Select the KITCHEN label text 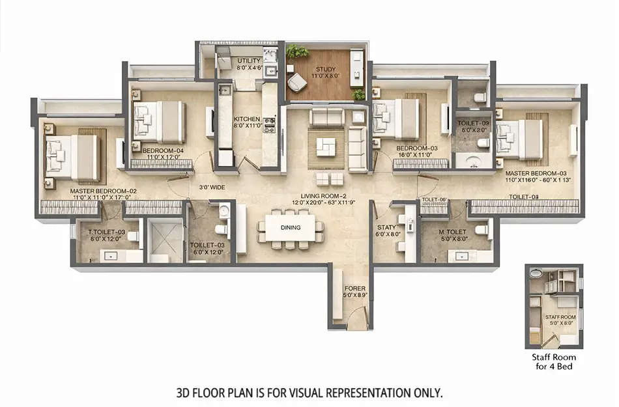247,119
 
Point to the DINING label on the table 290,228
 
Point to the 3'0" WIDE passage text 213,188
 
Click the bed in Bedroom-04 161,122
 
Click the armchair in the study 298,83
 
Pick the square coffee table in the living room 326,147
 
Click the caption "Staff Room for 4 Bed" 554,362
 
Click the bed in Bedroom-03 398,119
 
